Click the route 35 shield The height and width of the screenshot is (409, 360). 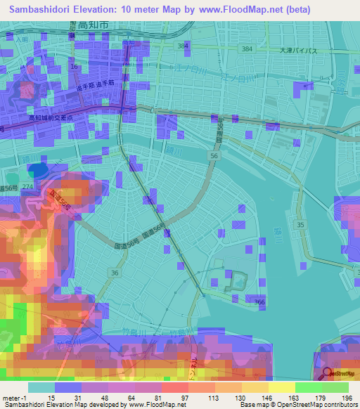(x=302, y=225)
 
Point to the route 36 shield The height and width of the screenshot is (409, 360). (x=113, y=271)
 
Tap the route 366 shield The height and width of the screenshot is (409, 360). (x=259, y=301)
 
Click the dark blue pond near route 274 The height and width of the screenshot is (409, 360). (x=41, y=169)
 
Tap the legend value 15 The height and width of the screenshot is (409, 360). (x=51, y=398)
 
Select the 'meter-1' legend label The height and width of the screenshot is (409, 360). (x=14, y=398)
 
